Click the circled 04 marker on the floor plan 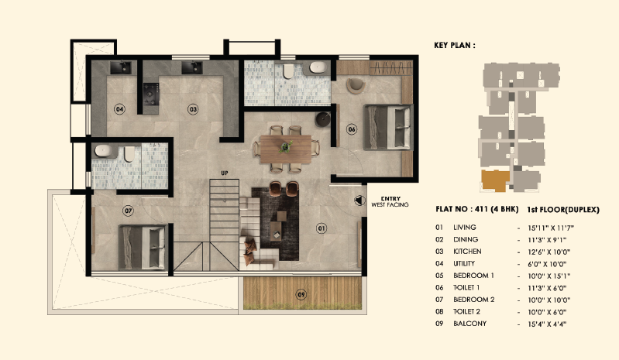click(119, 109)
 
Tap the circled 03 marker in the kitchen click(193, 109)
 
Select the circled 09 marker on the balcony click(301, 293)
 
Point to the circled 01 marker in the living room click(322, 228)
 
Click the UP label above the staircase click(225, 173)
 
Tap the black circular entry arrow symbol click(358, 200)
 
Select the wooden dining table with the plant click(286, 146)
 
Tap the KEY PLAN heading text click(455, 46)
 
